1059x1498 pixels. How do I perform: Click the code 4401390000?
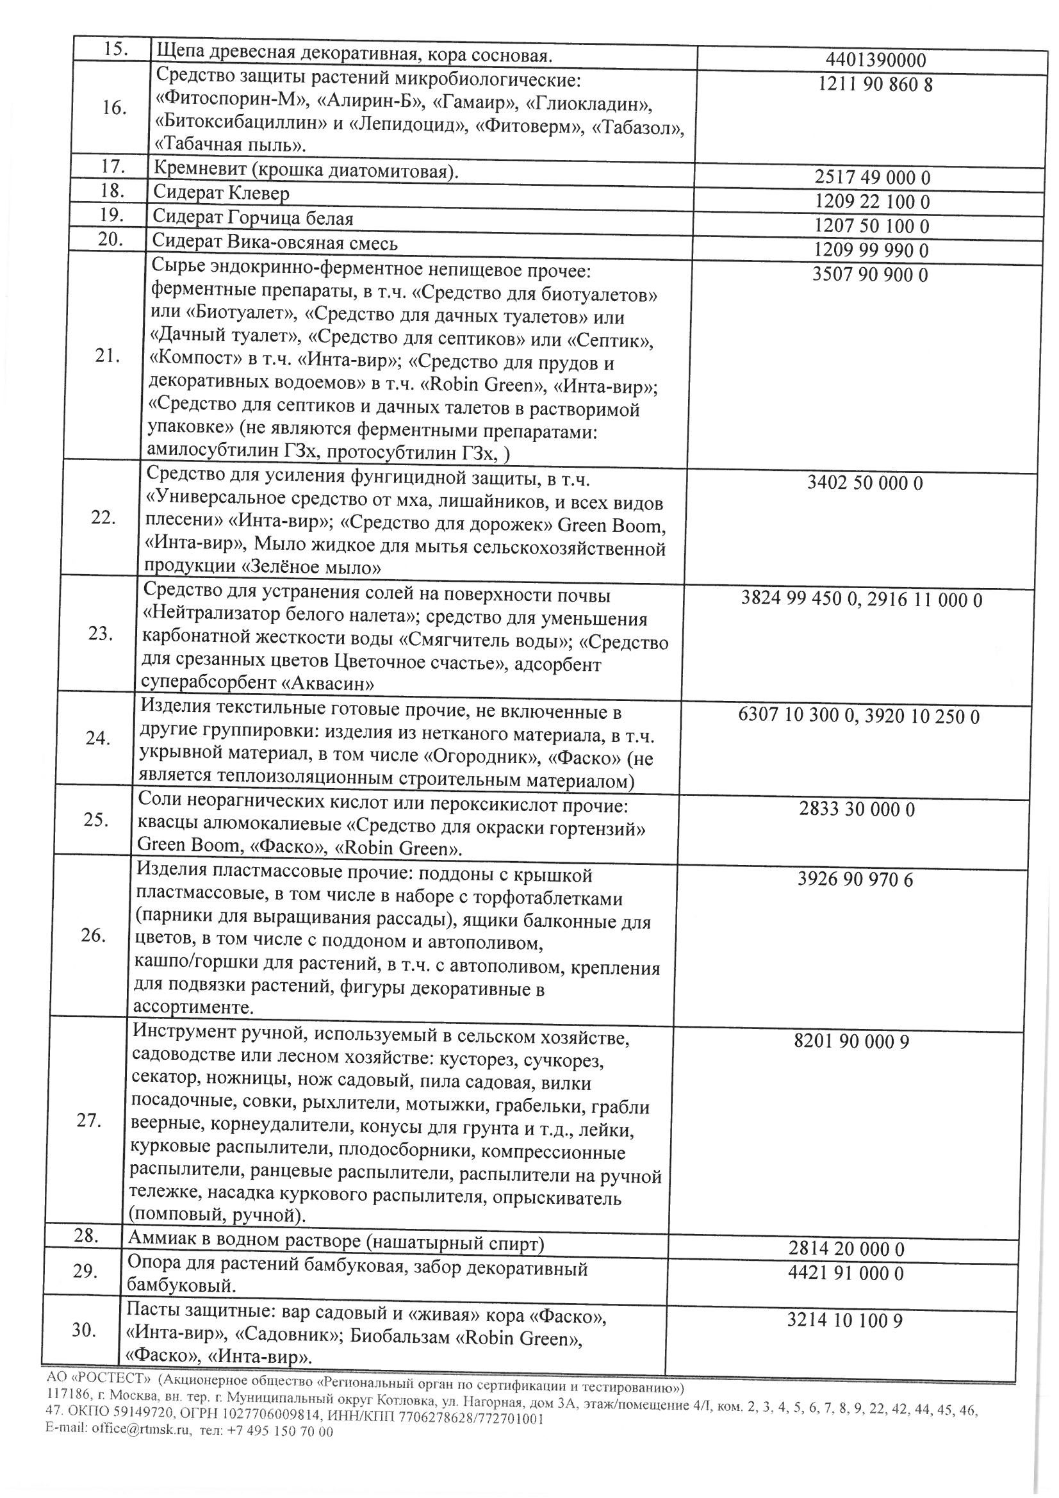click(875, 61)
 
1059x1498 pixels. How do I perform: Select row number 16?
click(114, 108)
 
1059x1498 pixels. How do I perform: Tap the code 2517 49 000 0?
click(873, 177)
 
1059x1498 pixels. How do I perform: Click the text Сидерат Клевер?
click(220, 193)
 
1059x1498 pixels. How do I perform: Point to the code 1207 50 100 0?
click(872, 226)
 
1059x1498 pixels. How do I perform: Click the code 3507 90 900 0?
click(870, 275)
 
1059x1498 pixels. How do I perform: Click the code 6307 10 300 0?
click(795, 716)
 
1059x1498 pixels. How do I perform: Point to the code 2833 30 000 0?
click(857, 810)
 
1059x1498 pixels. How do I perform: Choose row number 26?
click(94, 935)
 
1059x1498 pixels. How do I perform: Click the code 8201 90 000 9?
click(851, 1041)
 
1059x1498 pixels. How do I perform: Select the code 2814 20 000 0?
click(846, 1249)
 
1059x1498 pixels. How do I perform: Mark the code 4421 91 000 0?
click(845, 1273)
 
